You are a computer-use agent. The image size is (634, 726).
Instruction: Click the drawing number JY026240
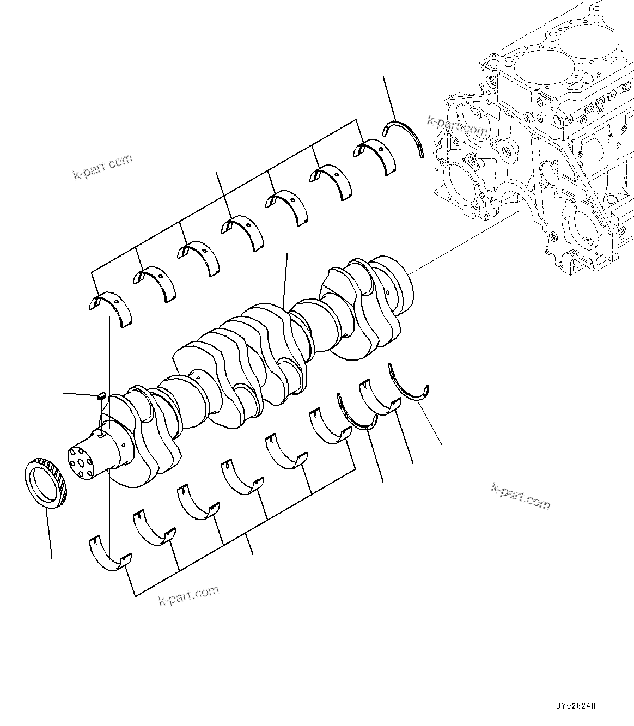tap(576, 706)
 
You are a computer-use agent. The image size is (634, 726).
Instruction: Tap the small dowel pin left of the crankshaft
tap(100, 396)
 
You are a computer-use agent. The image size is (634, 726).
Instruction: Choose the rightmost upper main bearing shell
tap(376, 156)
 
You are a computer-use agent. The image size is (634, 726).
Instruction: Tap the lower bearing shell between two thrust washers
tap(379, 398)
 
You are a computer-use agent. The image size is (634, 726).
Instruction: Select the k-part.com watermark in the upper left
tap(102, 167)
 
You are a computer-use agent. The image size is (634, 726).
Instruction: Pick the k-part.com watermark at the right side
tap(520, 496)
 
